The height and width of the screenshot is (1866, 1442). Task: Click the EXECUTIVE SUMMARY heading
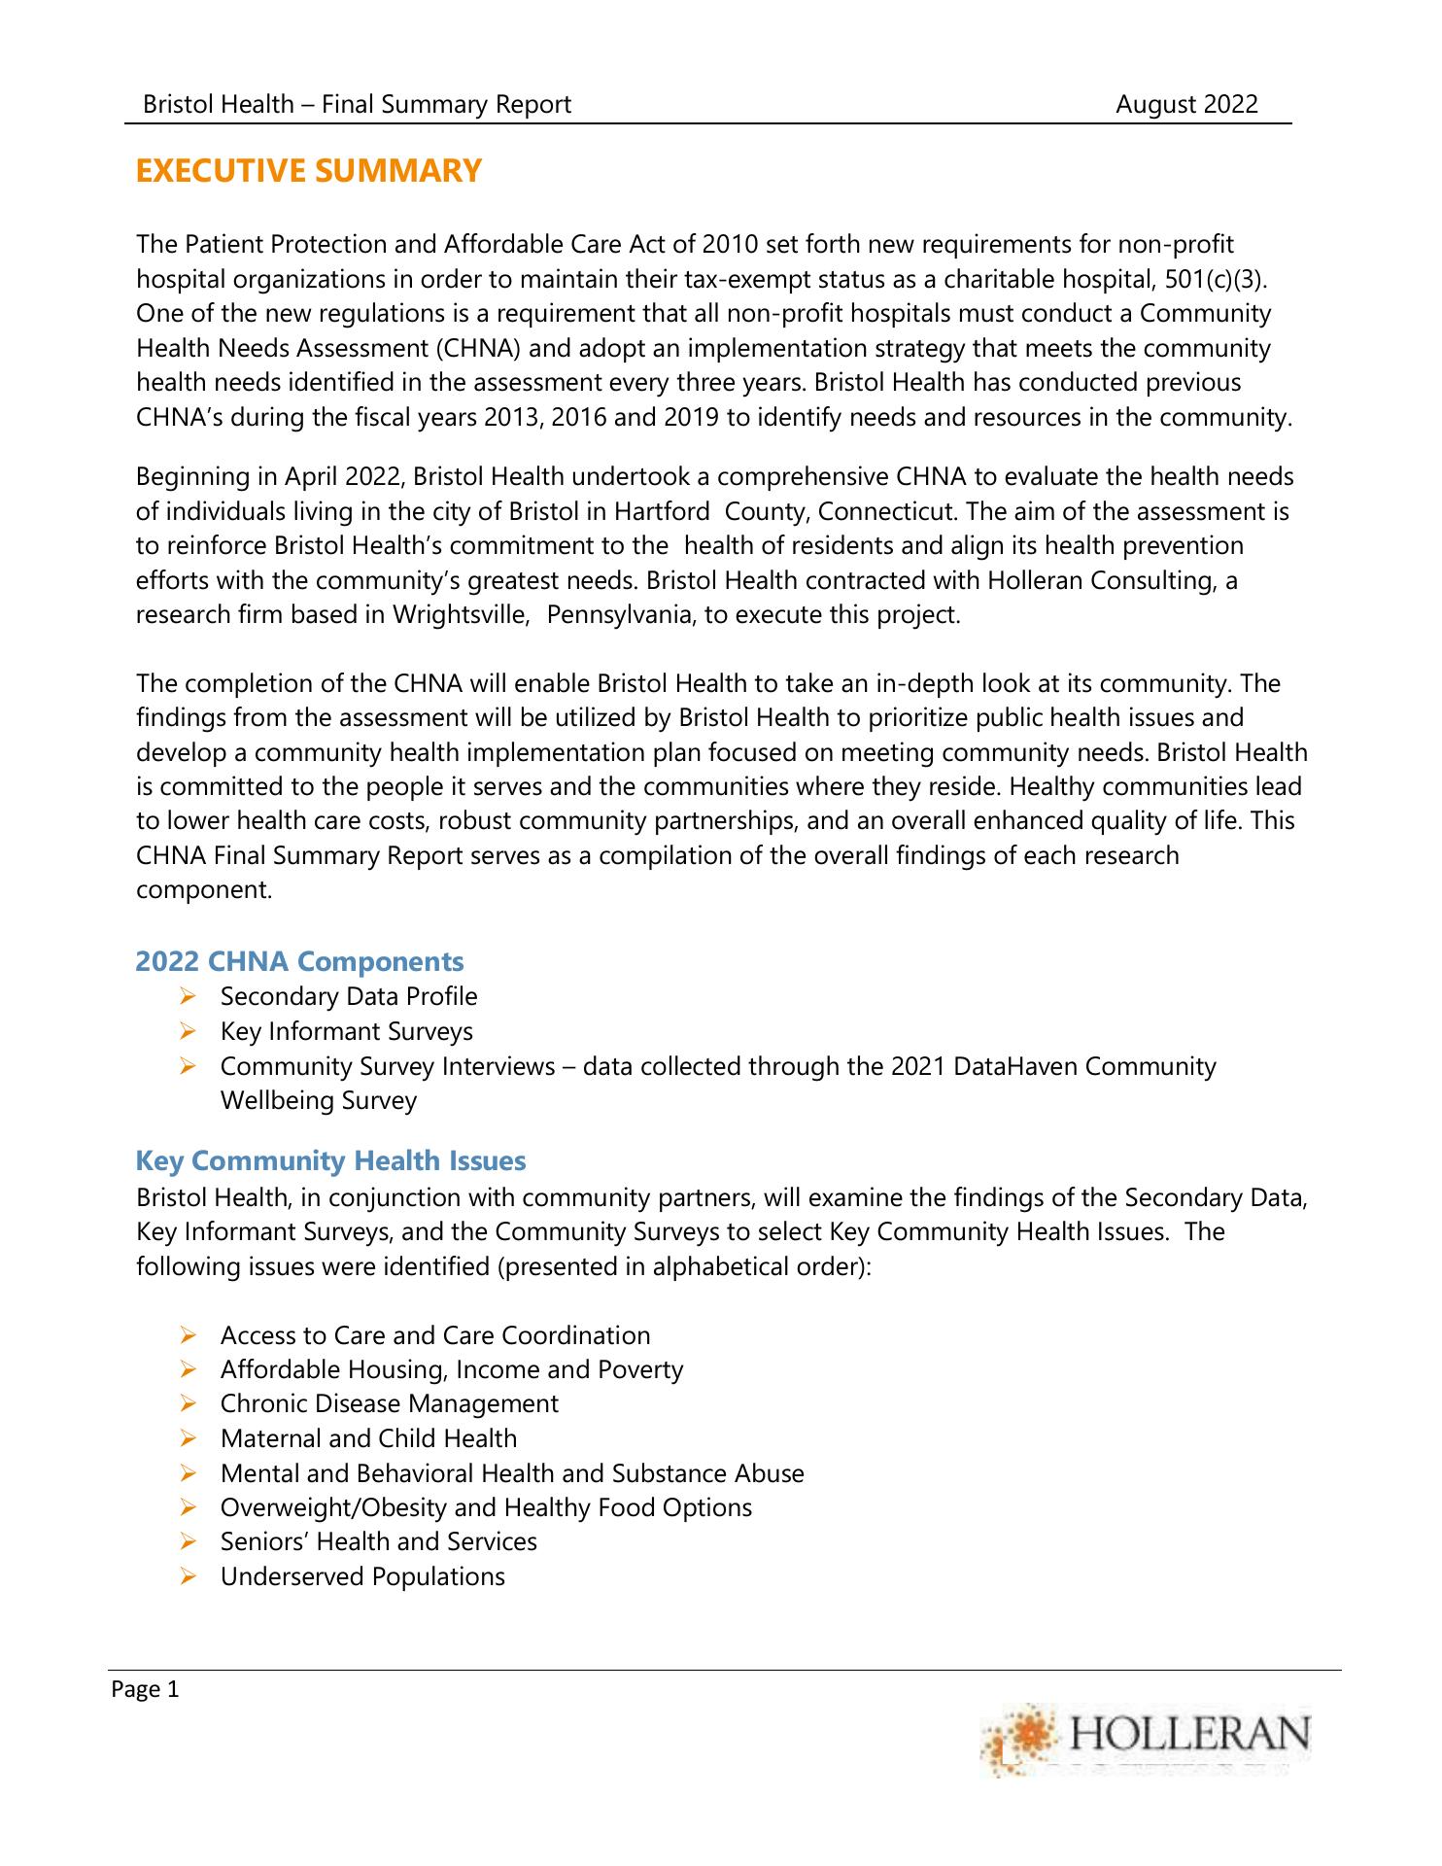pyautogui.click(x=308, y=171)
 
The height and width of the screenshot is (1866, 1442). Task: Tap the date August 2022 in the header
pyautogui.click(x=1185, y=104)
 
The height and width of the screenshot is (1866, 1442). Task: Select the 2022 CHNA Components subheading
pyautogui.click(x=299, y=961)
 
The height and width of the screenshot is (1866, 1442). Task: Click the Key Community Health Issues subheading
pyautogui.click(x=330, y=1160)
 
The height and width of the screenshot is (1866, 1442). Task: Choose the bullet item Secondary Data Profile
pyautogui.click(x=349, y=996)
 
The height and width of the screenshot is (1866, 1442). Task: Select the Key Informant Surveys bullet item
pyautogui.click(x=347, y=1031)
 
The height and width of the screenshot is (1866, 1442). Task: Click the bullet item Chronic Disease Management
pyautogui.click(x=389, y=1403)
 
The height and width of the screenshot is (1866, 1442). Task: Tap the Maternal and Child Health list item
pyautogui.click(x=368, y=1438)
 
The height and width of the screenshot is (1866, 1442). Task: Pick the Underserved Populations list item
pyautogui.click(x=362, y=1576)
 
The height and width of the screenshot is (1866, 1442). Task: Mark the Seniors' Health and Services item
pyautogui.click(x=378, y=1541)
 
